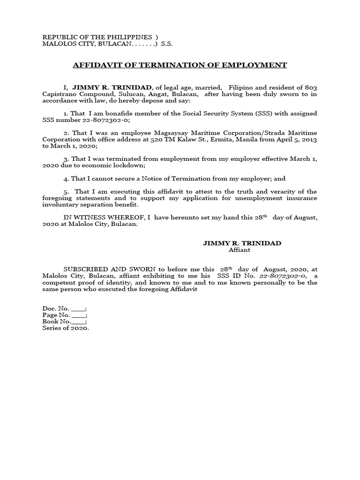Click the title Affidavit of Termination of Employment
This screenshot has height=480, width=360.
(x=180, y=65)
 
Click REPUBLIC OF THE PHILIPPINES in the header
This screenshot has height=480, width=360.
(x=97, y=37)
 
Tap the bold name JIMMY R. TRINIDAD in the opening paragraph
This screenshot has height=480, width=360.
(x=112, y=88)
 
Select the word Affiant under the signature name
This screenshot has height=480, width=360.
(x=239, y=250)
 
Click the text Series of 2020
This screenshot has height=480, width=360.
(x=66, y=328)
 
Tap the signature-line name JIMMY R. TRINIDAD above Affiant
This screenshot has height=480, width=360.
(x=242, y=243)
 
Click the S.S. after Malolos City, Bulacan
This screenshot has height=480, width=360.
(x=167, y=44)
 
